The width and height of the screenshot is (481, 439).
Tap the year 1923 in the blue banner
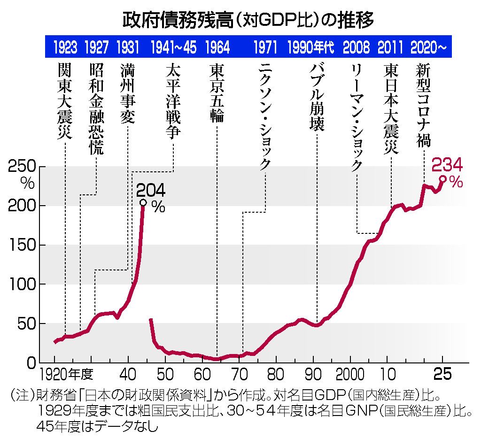pyautogui.click(x=65, y=47)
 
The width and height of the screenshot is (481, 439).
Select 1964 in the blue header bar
pyautogui.click(x=217, y=47)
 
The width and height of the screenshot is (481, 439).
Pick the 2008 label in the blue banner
pyautogui.click(x=356, y=47)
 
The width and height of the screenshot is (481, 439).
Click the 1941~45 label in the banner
pyautogui.click(x=173, y=47)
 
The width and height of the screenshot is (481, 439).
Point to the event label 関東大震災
pyautogui.click(x=64, y=100)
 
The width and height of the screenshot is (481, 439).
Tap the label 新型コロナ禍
pyautogui.click(x=424, y=105)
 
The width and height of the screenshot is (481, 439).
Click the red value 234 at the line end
pyautogui.click(x=447, y=165)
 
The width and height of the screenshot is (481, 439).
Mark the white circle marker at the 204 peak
pyautogui.click(x=143, y=203)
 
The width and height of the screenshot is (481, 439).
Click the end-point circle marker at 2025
pyautogui.click(x=442, y=178)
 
